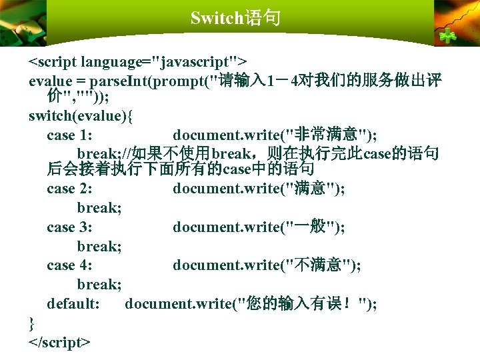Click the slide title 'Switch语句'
coord(235,17)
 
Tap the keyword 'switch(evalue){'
coord(81,117)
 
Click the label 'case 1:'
coord(69,136)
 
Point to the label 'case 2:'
coord(69,189)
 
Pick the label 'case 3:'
coord(69,227)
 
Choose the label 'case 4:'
coord(69,265)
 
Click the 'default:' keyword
coord(73,304)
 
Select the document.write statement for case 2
coord(259,189)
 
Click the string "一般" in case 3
coord(309,227)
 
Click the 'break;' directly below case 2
coord(99,208)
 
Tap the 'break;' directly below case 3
coord(99,247)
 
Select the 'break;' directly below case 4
coord(99,285)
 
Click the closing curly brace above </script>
coord(32,323)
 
